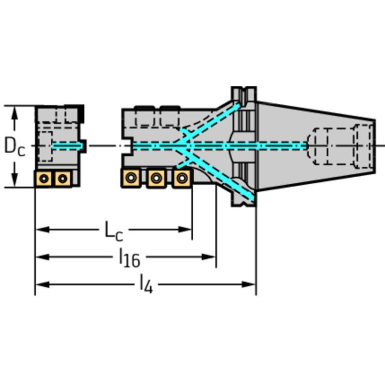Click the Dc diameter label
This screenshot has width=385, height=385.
[15, 147]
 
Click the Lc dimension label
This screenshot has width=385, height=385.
[113, 231]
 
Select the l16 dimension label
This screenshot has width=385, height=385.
[130, 258]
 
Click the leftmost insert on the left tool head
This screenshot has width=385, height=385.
[44, 179]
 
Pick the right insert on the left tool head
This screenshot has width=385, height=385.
[63, 179]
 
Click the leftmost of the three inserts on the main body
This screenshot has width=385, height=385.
[131, 178]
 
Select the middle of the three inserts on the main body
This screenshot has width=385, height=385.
[157, 178]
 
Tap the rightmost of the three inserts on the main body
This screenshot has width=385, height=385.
[182, 178]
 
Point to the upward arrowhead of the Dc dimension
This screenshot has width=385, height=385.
[15, 113]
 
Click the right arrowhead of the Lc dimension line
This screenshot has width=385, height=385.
[185, 229]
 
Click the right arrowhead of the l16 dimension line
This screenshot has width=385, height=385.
[209, 257]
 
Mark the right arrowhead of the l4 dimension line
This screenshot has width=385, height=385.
[249, 285]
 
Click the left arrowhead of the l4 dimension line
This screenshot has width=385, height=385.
[43, 285]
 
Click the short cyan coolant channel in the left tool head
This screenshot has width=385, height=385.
[68, 146]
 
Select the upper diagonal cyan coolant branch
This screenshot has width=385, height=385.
[207, 123]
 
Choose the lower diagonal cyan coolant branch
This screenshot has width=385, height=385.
[216, 173]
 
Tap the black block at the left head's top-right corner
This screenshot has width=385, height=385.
[81, 113]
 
